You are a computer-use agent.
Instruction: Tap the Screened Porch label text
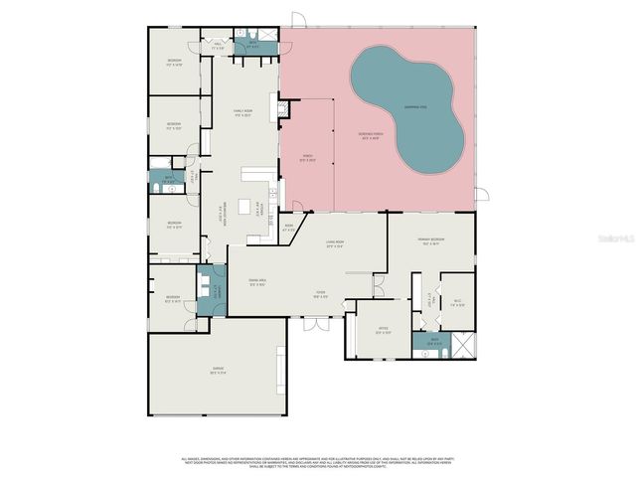click(370, 137)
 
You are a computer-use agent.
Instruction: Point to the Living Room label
click(335, 243)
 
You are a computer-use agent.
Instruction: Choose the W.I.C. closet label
click(457, 303)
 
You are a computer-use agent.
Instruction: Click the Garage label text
click(217, 372)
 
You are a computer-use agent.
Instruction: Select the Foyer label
click(322, 294)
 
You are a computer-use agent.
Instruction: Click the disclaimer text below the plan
click(318, 461)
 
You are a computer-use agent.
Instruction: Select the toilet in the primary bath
click(422, 350)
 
